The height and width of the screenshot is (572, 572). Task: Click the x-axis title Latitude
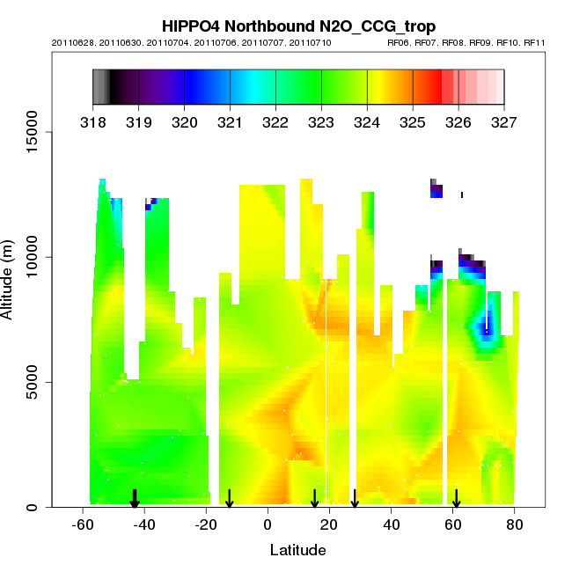(297, 550)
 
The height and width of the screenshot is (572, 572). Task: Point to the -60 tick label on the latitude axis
(83, 524)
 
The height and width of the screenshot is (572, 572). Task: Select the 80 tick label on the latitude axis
(515, 524)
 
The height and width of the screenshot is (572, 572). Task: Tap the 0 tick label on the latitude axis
(268, 524)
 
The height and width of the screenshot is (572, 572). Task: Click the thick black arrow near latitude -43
(135, 499)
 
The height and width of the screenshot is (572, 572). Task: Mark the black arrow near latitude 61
(456, 499)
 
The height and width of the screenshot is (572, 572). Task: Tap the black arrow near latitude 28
(355, 499)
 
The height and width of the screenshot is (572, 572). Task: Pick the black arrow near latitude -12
(230, 499)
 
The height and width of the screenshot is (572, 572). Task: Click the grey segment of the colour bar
(101, 86)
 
